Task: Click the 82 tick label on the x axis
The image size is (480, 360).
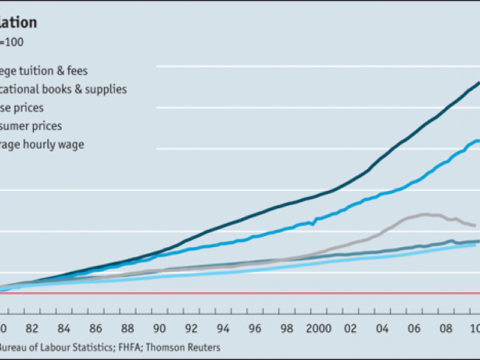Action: coord(32,328)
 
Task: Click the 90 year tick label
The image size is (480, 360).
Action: coord(160,328)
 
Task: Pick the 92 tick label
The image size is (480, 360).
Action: coord(191,328)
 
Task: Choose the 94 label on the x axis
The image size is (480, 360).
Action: coord(223,328)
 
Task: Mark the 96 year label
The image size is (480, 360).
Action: coord(255,328)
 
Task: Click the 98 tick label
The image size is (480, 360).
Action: coord(287,328)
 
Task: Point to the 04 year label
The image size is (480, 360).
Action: coord(382,328)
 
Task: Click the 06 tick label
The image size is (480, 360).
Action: coord(414,328)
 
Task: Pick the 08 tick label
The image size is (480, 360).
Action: coord(446,328)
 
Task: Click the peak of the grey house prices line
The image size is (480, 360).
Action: coord(425,214)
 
